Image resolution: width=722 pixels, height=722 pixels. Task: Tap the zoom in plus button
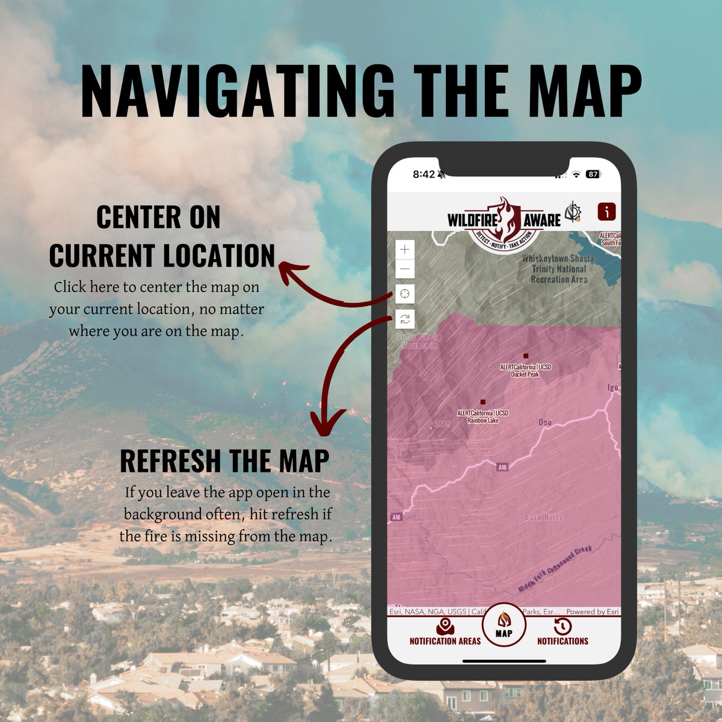(405, 249)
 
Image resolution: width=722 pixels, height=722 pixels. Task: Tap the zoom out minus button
(405, 270)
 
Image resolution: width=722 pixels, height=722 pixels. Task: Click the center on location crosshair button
(405, 294)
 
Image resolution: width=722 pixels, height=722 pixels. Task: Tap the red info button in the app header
(607, 212)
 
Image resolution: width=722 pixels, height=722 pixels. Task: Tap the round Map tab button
(504, 625)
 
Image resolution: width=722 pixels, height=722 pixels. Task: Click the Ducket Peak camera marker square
(525, 356)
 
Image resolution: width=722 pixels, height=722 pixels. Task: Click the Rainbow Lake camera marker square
(483, 401)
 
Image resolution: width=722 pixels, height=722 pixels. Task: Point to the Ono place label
(545, 423)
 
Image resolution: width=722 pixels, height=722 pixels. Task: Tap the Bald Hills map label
(543, 517)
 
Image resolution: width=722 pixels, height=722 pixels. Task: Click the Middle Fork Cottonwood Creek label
(555, 569)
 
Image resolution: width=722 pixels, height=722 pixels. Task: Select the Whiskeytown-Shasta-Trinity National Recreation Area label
(558, 269)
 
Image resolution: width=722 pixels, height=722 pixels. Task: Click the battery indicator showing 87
(593, 174)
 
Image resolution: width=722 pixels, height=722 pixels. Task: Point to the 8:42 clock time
(424, 174)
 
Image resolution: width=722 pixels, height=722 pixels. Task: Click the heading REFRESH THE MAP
(224, 461)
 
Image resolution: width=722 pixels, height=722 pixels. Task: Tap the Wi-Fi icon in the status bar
(576, 174)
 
